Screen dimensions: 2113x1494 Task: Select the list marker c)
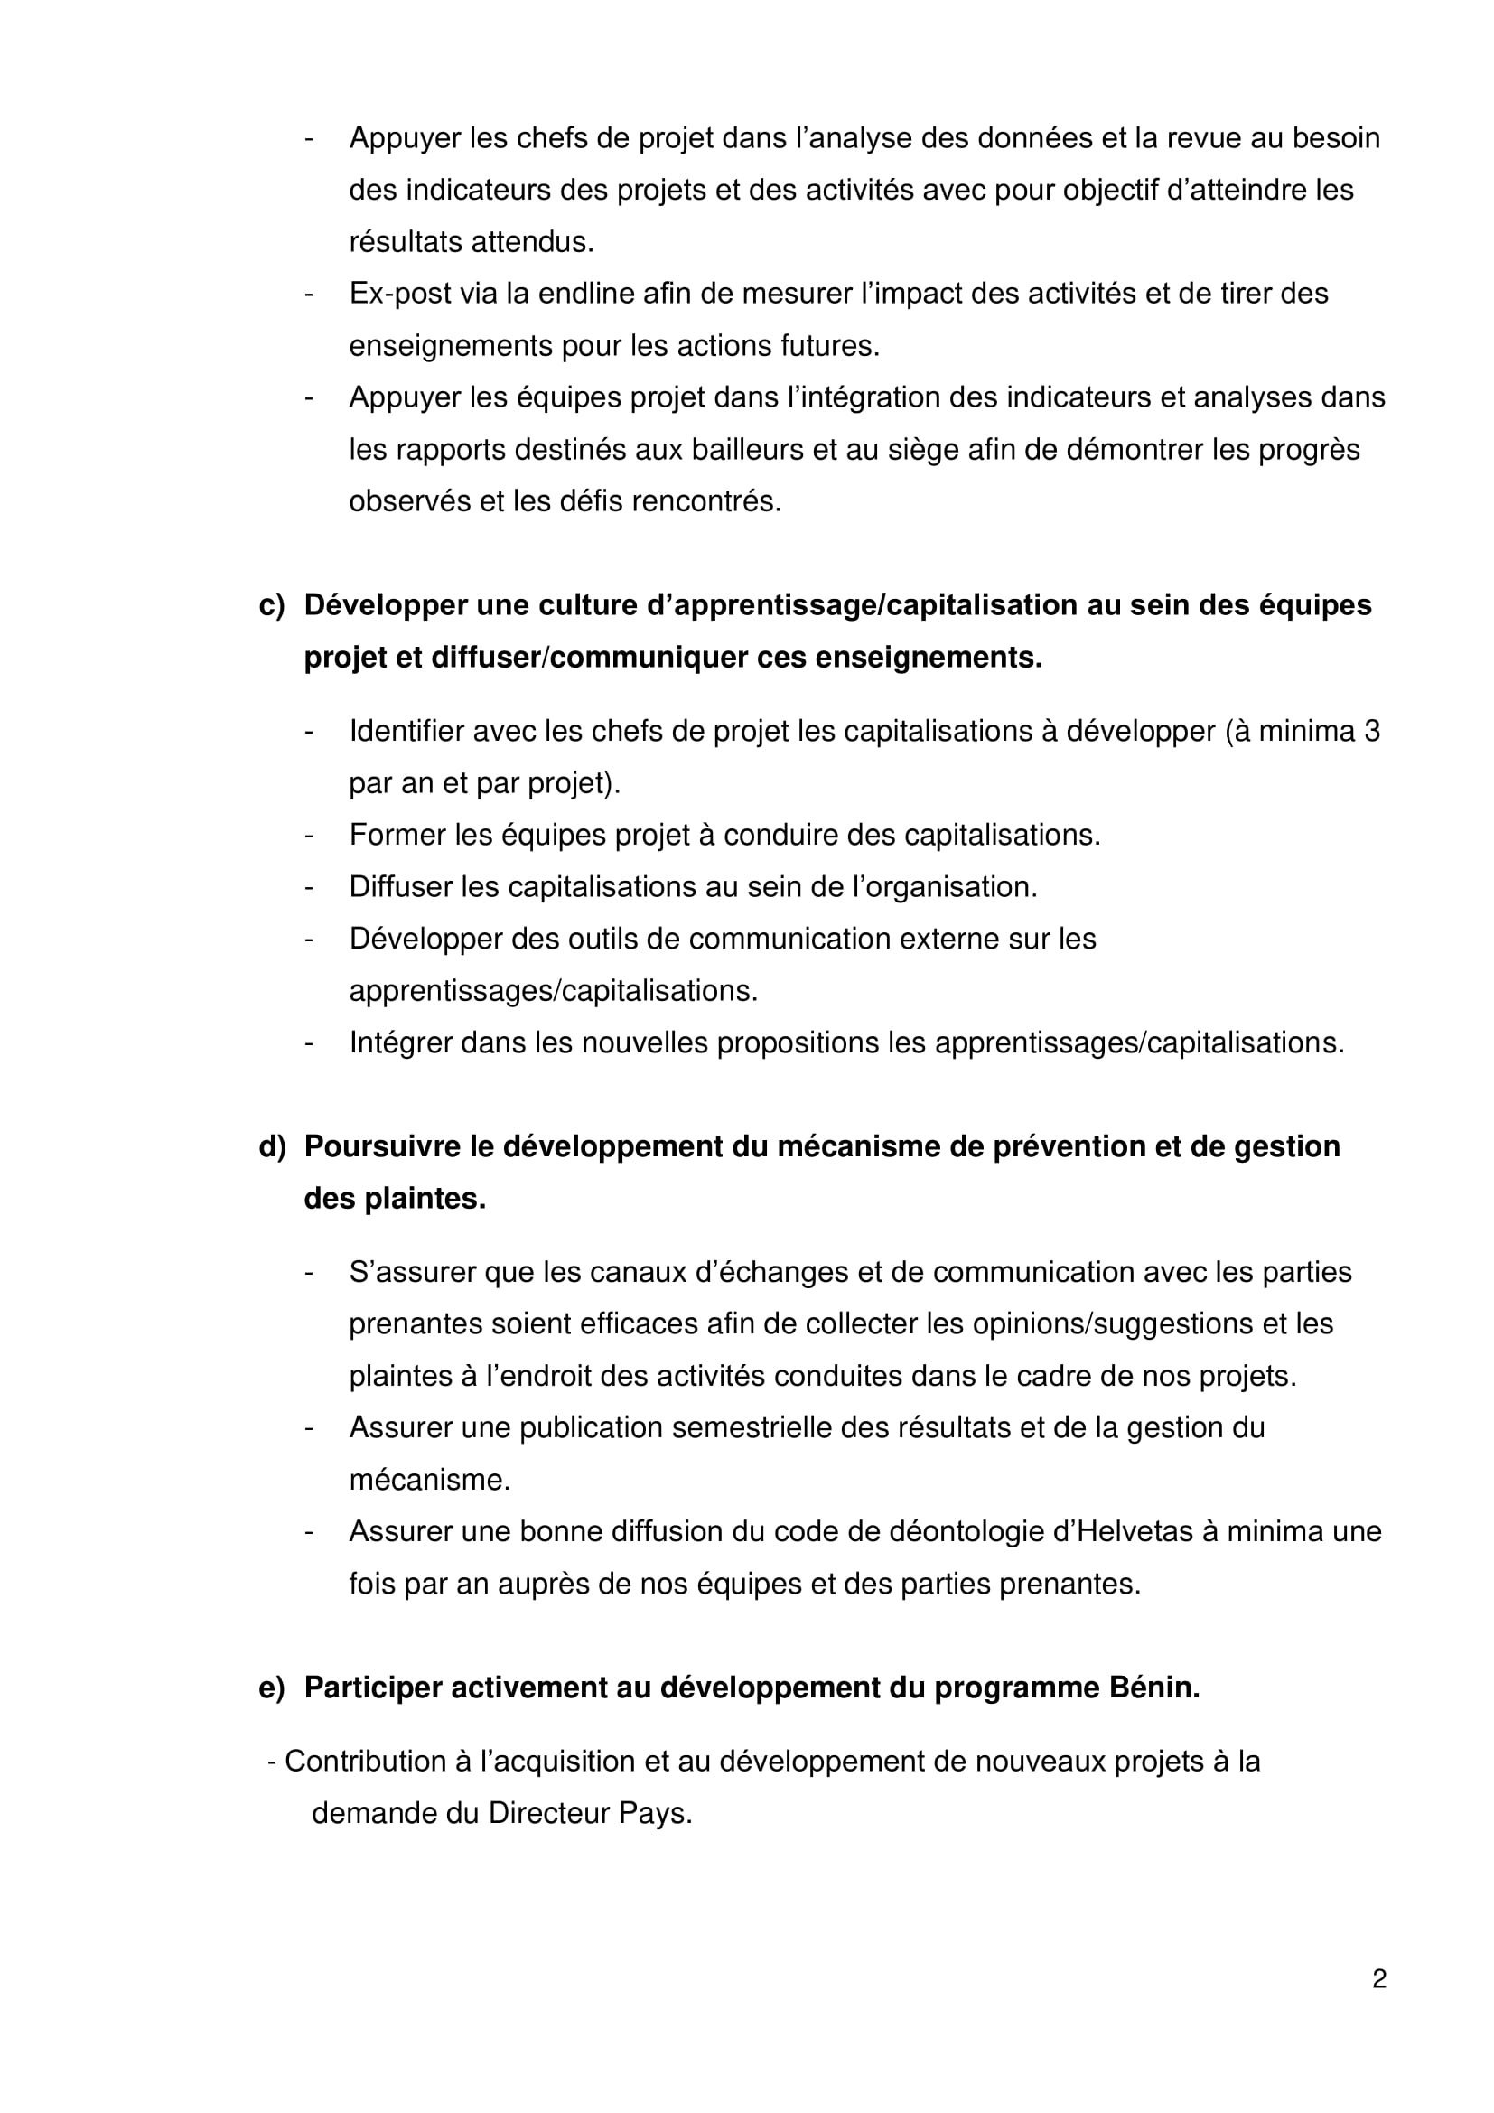click(x=271, y=605)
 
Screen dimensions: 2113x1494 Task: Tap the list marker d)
click(x=272, y=1146)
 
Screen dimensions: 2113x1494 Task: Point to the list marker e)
click(x=271, y=1688)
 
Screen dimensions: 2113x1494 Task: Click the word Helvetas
click(x=1134, y=1531)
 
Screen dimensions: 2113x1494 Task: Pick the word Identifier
click(x=406, y=732)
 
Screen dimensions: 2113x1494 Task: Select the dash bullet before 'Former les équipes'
click(x=309, y=836)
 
